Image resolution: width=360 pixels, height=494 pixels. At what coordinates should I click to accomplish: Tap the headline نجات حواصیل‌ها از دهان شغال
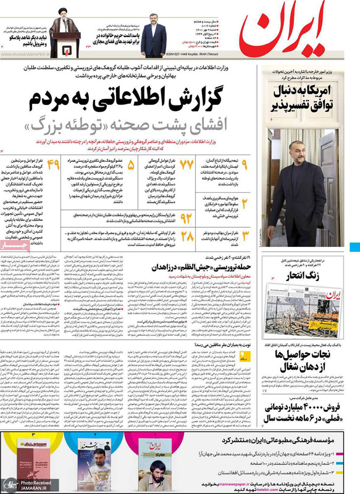point(304,364)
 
